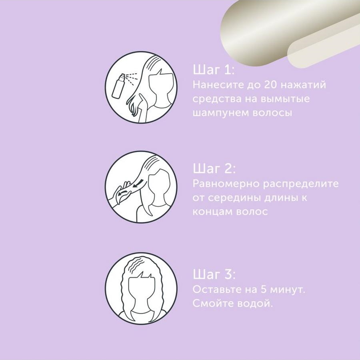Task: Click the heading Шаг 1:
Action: point(214,70)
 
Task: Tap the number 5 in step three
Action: point(263,289)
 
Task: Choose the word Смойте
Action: point(213,303)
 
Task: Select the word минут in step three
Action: point(288,290)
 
